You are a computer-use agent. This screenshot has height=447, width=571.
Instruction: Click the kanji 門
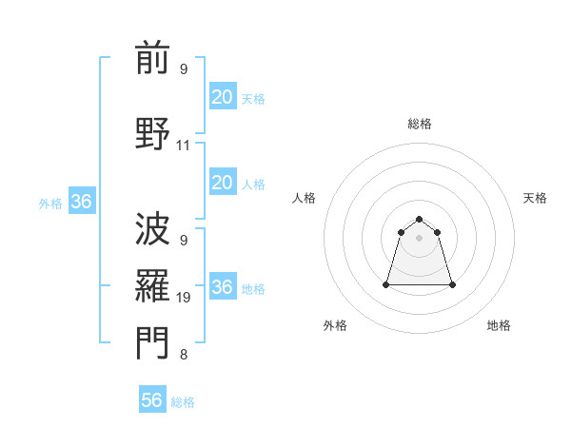(x=152, y=343)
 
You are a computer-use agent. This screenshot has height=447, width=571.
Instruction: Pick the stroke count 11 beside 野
(x=184, y=146)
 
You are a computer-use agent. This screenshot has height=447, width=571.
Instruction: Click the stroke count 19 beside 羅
(x=184, y=297)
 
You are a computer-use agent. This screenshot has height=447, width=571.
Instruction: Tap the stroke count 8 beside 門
(x=184, y=356)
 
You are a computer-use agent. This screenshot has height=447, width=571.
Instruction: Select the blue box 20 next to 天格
(x=222, y=97)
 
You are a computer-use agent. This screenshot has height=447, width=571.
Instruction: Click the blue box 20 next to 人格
(x=222, y=183)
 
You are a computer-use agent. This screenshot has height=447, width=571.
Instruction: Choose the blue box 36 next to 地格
(x=222, y=287)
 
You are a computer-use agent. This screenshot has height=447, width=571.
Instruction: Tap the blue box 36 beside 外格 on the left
(x=81, y=202)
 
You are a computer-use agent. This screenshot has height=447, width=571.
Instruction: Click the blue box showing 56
(x=152, y=400)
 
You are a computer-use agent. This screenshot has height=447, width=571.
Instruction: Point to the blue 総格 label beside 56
(x=183, y=402)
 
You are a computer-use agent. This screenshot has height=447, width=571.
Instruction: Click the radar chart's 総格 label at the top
(x=419, y=124)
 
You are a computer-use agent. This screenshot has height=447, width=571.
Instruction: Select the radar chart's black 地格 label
(x=499, y=325)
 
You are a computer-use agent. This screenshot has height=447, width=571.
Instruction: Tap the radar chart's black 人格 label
(x=304, y=198)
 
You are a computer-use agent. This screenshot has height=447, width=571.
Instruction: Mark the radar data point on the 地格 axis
(x=451, y=284)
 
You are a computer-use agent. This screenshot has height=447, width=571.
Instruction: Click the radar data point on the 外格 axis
(x=386, y=284)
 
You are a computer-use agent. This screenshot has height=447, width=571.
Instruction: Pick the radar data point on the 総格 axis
(x=419, y=219)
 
